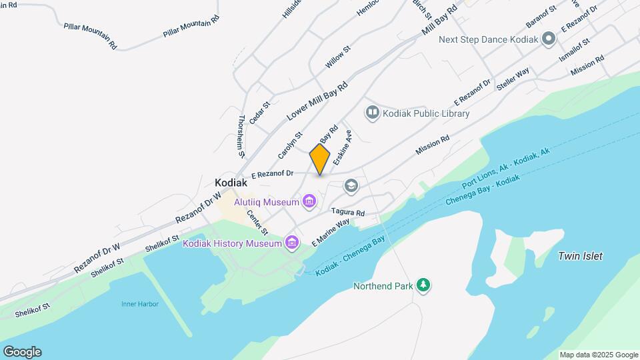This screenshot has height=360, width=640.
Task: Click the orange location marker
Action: tap(320, 159)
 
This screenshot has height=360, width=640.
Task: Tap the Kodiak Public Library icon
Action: tap(372, 113)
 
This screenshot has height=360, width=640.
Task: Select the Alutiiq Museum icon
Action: tap(309, 200)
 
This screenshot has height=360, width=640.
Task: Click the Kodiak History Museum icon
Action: tap(291, 243)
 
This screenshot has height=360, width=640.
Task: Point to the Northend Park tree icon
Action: tap(423, 285)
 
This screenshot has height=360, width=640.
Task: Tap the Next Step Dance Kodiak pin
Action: tap(549, 39)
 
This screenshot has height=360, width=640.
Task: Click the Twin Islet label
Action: tap(580, 256)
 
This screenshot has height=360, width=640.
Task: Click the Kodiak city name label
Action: tap(231, 183)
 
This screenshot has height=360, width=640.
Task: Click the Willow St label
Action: tap(337, 57)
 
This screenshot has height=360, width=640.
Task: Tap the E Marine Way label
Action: tap(331, 231)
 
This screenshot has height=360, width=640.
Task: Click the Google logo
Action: tap(22, 352)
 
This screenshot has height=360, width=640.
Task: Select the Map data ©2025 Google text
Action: tap(599, 355)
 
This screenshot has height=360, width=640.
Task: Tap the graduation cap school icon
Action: tap(351, 185)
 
